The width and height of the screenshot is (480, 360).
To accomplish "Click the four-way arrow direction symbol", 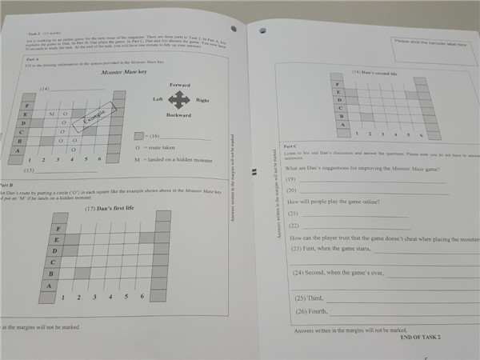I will [179, 99].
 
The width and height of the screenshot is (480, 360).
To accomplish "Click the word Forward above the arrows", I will [181, 84].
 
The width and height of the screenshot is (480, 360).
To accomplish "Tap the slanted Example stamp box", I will [90, 118].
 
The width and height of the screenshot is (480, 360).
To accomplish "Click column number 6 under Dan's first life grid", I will [142, 297].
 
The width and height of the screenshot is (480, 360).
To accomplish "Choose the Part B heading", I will [8, 184].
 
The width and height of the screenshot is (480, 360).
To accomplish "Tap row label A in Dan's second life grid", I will [341, 125].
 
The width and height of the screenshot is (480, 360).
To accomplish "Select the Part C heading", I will [290, 146].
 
